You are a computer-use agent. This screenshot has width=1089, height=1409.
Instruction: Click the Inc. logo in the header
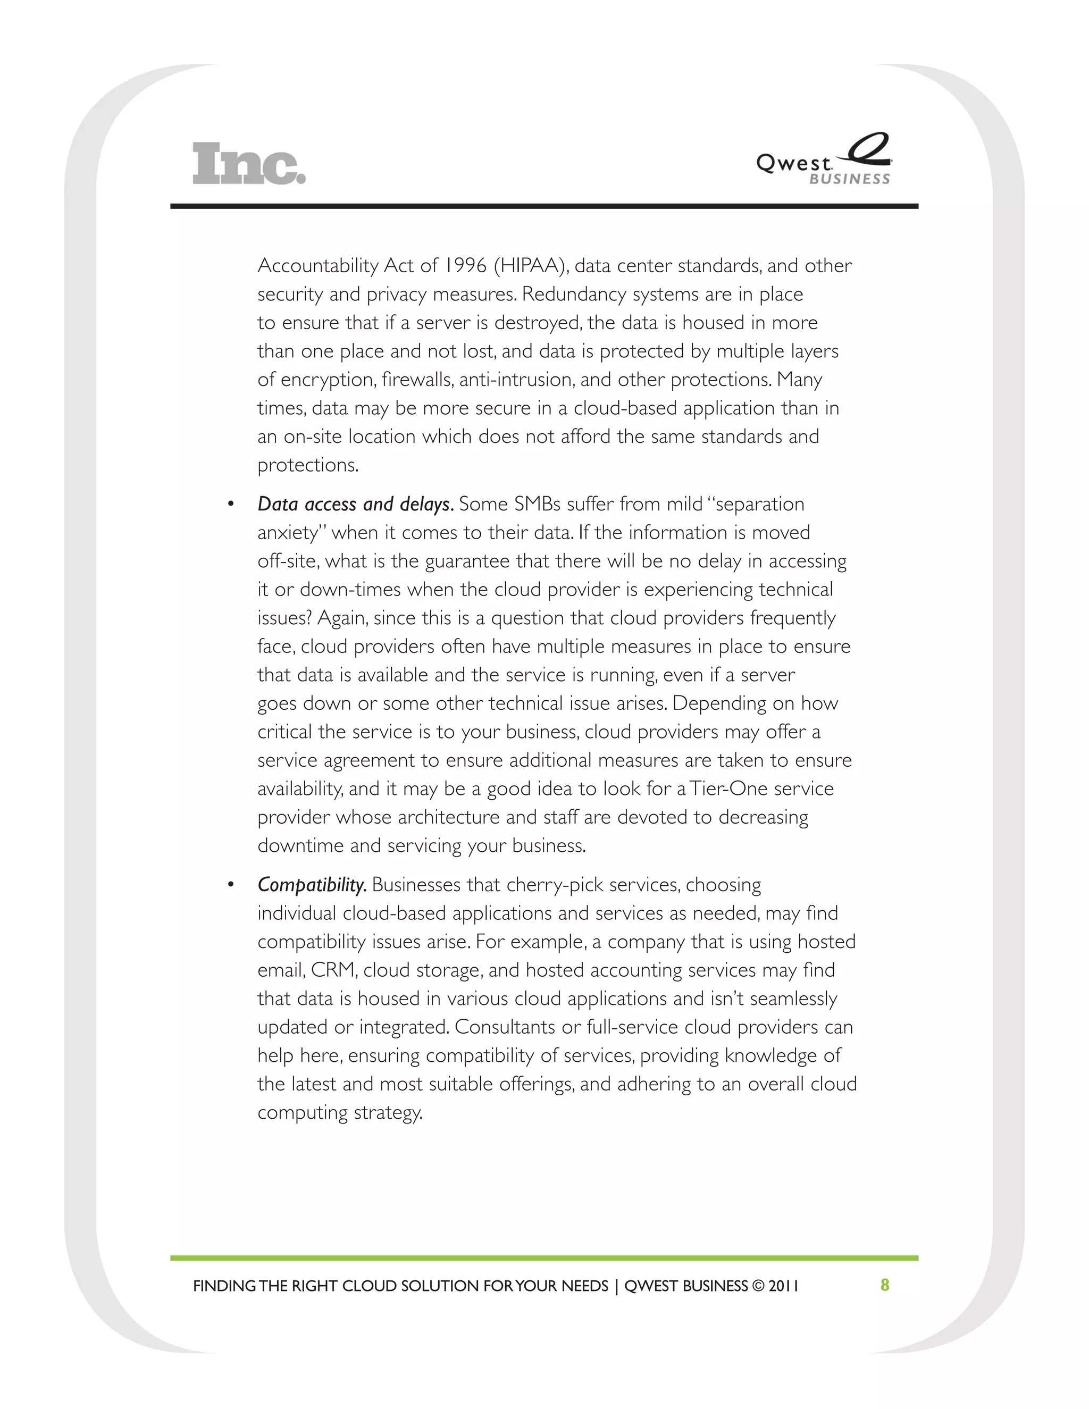pyautogui.click(x=249, y=164)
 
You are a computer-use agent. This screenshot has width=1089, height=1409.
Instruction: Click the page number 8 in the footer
pyautogui.click(x=884, y=1285)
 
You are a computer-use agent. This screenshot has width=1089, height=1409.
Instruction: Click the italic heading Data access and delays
pyautogui.click(x=355, y=504)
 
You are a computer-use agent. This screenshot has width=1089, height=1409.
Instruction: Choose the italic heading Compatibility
pyautogui.click(x=312, y=885)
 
